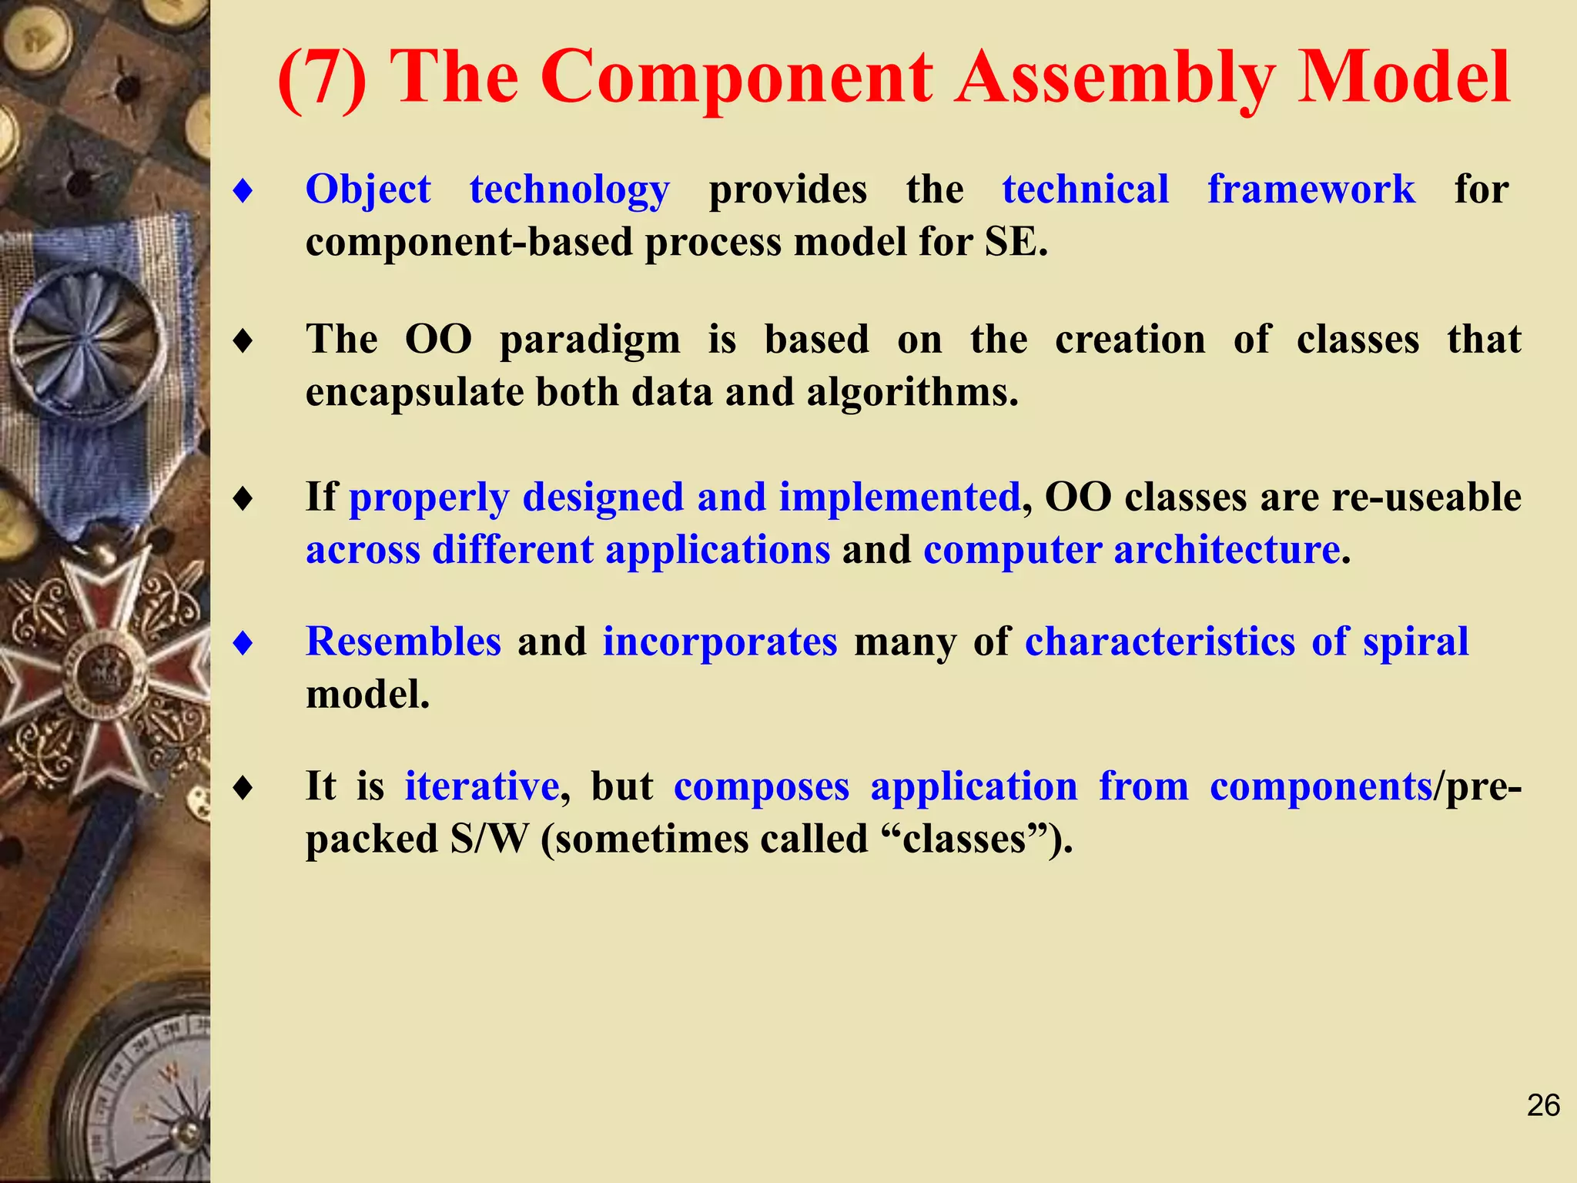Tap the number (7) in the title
[323, 79]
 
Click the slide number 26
[1543, 1105]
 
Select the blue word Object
[368, 189]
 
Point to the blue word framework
[1311, 189]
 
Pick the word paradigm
[590, 340]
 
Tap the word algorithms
[912, 392]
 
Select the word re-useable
[1426, 497]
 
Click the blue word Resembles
[403, 642]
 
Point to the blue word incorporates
[720, 642]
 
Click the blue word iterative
[482, 786]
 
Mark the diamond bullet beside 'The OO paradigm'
[243, 340]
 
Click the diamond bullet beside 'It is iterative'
[243, 787]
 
